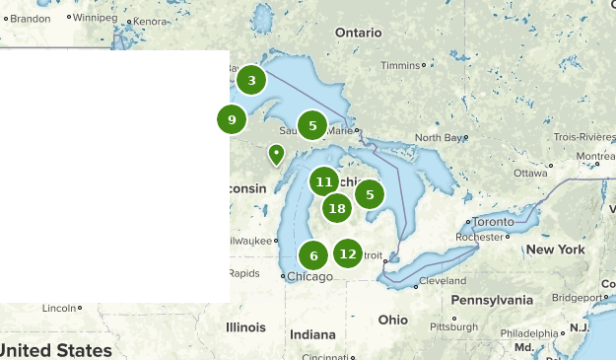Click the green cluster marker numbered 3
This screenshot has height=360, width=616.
tap(251, 81)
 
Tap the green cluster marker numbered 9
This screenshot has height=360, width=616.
tap(232, 120)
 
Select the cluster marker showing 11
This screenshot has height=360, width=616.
tap(324, 181)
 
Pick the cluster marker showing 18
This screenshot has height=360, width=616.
tap(337, 208)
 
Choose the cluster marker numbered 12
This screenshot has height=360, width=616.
tap(347, 253)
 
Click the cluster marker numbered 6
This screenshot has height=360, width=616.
tap(313, 256)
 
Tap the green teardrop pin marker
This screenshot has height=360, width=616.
tap(277, 155)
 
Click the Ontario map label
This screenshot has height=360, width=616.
tap(358, 33)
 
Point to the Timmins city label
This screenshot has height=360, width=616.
tap(400, 66)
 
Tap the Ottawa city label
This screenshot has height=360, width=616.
tap(529, 173)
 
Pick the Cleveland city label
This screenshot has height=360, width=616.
tap(442, 281)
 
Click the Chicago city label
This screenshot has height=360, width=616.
tap(309, 276)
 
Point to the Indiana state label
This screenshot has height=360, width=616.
tap(312, 333)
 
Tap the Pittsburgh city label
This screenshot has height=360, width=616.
tap(453, 326)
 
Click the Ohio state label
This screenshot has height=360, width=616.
tap(392, 320)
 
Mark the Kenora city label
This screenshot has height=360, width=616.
tap(151, 21)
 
